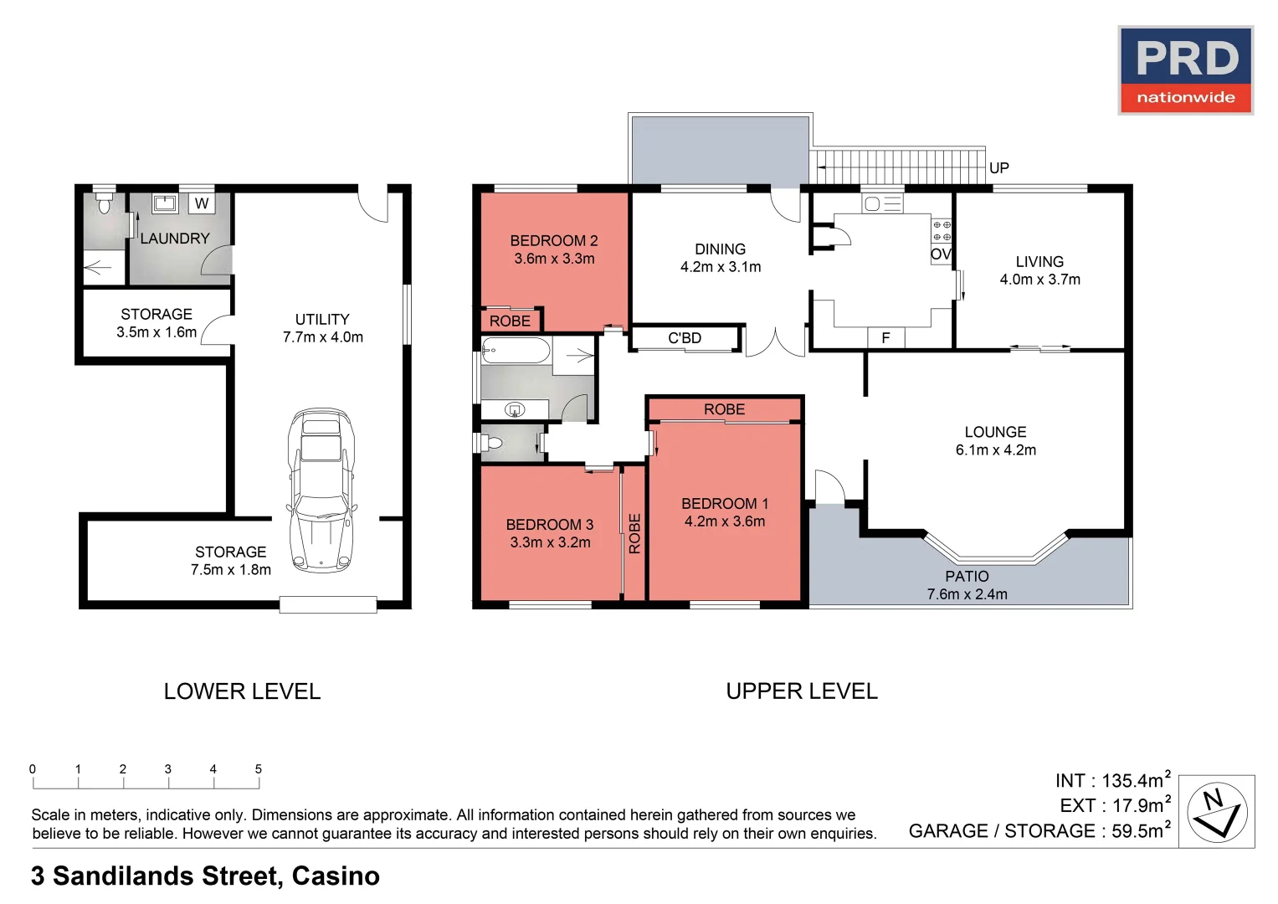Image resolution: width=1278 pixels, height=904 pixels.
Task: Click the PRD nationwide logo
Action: tap(1185, 70)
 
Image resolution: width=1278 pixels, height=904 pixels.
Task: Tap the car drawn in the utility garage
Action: tap(321, 490)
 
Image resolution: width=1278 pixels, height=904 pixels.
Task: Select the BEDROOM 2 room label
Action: tap(554, 249)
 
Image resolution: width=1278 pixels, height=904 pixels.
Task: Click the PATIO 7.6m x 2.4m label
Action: tap(967, 585)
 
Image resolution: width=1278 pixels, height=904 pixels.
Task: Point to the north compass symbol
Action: tap(1217, 812)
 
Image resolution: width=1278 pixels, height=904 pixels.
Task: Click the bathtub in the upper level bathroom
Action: tap(516, 350)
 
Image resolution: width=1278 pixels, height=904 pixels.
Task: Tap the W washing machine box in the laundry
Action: tap(202, 203)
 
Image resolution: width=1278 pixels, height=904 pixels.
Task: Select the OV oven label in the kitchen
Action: tap(941, 254)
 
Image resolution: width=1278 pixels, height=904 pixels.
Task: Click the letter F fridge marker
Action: tap(885, 338)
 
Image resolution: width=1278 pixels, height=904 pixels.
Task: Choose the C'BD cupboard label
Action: tap(685, 338)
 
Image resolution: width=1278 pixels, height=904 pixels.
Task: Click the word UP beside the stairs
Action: tap(998, 168)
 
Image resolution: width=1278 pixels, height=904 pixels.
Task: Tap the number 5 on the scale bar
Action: tap(259, 769)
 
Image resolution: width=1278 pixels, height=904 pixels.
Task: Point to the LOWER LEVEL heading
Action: tap(242, 691)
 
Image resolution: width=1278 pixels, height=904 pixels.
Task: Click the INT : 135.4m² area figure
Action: tap(1112, 780)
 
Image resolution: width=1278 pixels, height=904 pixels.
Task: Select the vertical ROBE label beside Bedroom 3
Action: tap(634, 533)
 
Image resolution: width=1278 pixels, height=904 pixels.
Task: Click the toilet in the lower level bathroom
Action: tap(104, 203)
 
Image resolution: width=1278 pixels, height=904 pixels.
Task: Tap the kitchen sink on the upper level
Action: tap(882, 203)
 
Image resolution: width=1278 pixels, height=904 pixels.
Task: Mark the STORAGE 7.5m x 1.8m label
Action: tap(231, 561)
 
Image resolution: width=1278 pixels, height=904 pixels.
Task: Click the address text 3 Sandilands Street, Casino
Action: tap(205, 876)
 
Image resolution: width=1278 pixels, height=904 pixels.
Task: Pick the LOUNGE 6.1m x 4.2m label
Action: tap(995, 441)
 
